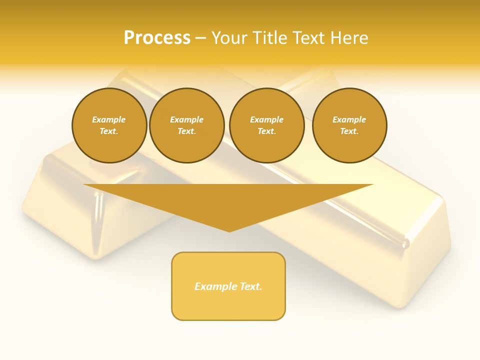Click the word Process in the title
[157, 38]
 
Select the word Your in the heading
[229, 38]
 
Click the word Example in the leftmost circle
[109, 119]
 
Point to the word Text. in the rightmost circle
[349, 131]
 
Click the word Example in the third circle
[267, 119]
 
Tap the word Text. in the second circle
[187, 131]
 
